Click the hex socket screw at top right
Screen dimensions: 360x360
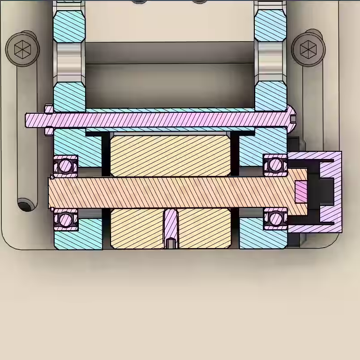[x=308, y=48]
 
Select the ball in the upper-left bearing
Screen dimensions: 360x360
[x=65, y=166]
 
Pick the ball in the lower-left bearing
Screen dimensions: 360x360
[x=65, y=220]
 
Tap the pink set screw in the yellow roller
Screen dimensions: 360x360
[x=170, y=228]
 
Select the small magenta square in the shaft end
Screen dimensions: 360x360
[x=301, y=192]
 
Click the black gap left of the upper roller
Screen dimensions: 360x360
[x=106, y=154]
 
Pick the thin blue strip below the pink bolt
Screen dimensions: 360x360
[x=170, y=130]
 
